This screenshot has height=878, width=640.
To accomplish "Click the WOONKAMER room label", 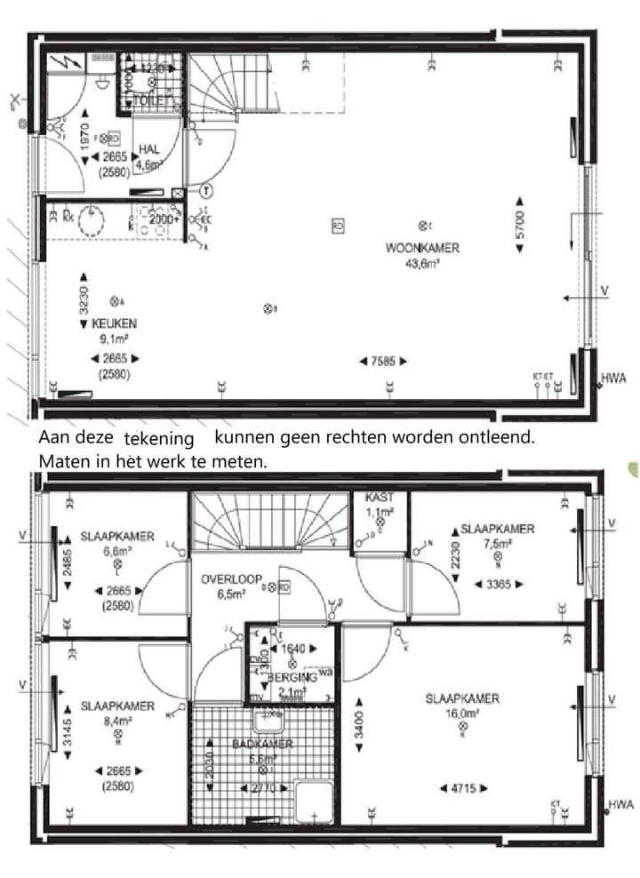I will click(x=422, y=250).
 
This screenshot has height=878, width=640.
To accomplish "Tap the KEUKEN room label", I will click(x=114, y=324).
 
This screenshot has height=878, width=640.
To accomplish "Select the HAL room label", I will click(x=148, y=149).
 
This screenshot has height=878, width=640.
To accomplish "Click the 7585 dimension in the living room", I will click(x=383, y=361).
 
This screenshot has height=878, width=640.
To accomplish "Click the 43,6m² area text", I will click(x=423, y=263).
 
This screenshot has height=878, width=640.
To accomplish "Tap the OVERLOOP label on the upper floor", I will click(x=231, y=579).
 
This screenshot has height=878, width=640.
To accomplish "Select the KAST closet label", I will click(x=379, y=498).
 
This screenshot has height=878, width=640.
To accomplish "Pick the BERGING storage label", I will click(x=291, y=677).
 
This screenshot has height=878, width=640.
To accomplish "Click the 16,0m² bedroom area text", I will click(x=461, y=713).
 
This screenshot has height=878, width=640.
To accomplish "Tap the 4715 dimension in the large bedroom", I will click(x=462, y=787).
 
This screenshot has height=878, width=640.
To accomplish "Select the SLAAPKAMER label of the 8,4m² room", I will click(x=117, y=706).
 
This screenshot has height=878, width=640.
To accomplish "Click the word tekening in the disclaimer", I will click(x=159, y=440).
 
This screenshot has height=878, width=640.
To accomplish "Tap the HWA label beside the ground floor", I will click(x=613, y=378).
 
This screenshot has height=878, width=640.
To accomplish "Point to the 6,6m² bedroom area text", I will click(x=117, y=551).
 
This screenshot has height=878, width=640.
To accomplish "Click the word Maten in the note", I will click(x=60, y=463).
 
